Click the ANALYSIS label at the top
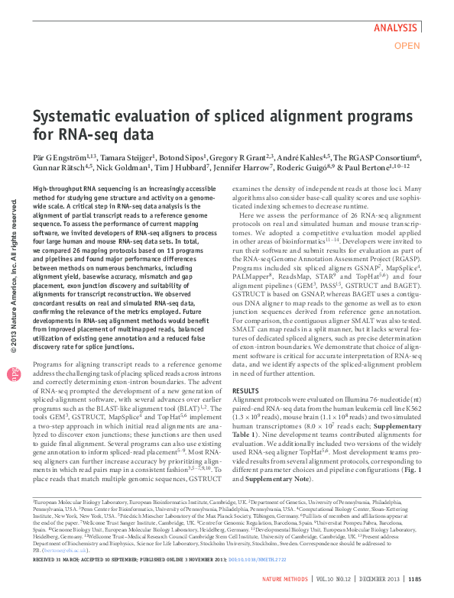tap(396, 27)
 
